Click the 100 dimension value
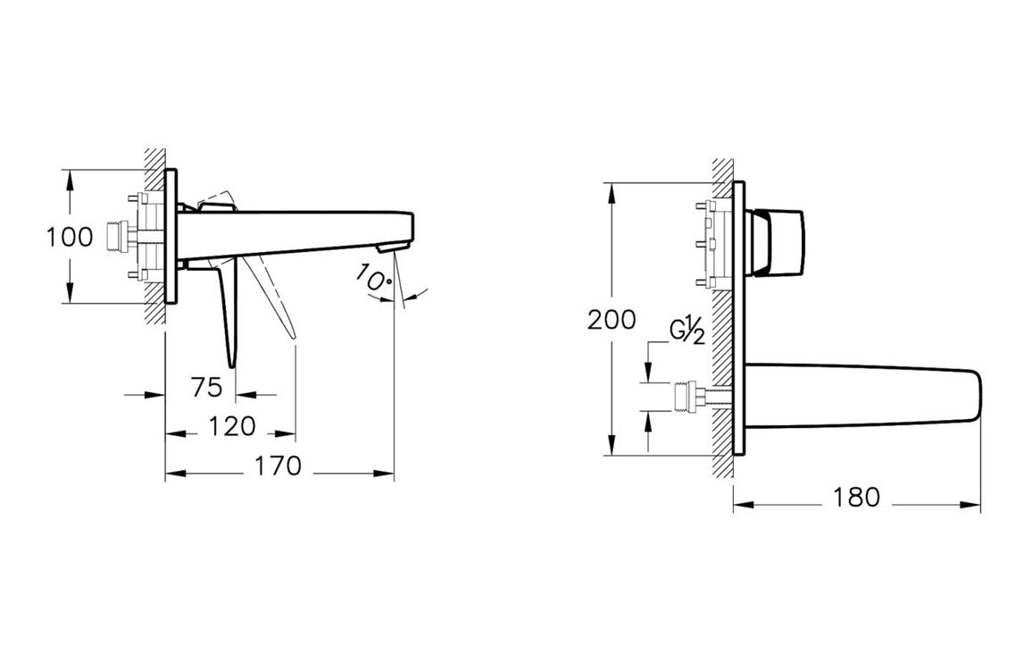click(x=70, y=237)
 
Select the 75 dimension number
click(x=206, y=387)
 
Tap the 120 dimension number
click(x=232, y=426)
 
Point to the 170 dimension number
click(x=279, y=466)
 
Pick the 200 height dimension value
click(x=612, y=319)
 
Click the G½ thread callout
click(x=687, y=332)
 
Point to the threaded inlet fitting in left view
click(x=113, y=235)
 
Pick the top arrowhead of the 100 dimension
click(x=70, y=176)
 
